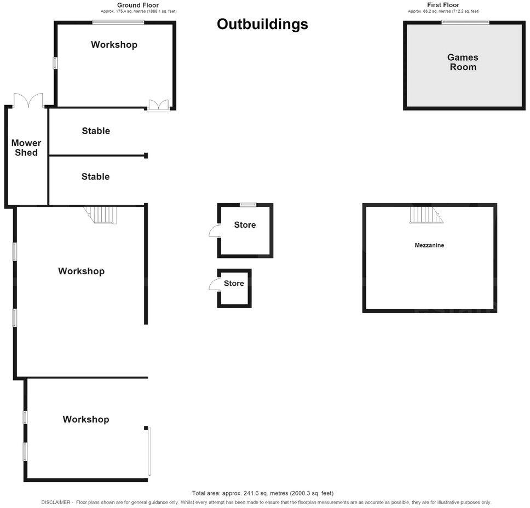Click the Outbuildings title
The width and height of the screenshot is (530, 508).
(x=262, y=25)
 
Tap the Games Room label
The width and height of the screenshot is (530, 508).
(x=463, y=62)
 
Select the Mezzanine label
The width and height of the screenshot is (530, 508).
(x=429, y=245)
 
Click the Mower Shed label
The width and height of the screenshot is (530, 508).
(x=26, y=148)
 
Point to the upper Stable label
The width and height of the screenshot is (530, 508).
(x=96, y=131)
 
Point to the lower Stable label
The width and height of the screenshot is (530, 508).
(x=95, y=176)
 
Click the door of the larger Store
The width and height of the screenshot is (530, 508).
(x=214, y=231)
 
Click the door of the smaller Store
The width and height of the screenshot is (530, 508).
(x=214, y=284)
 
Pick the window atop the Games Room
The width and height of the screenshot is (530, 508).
(x=465, y=22)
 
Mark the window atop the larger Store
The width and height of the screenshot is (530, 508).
(x=248, y=204)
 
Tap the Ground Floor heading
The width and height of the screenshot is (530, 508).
(x=138, y=5)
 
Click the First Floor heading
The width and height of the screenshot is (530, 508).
(x=443, y=5)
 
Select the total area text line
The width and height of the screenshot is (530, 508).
(x=262, y=493)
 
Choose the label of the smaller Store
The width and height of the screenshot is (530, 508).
(x=234, y=284)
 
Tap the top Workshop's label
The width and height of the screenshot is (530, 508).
(x=114, y=44)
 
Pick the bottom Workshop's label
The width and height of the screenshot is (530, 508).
(x=86, y=419)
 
